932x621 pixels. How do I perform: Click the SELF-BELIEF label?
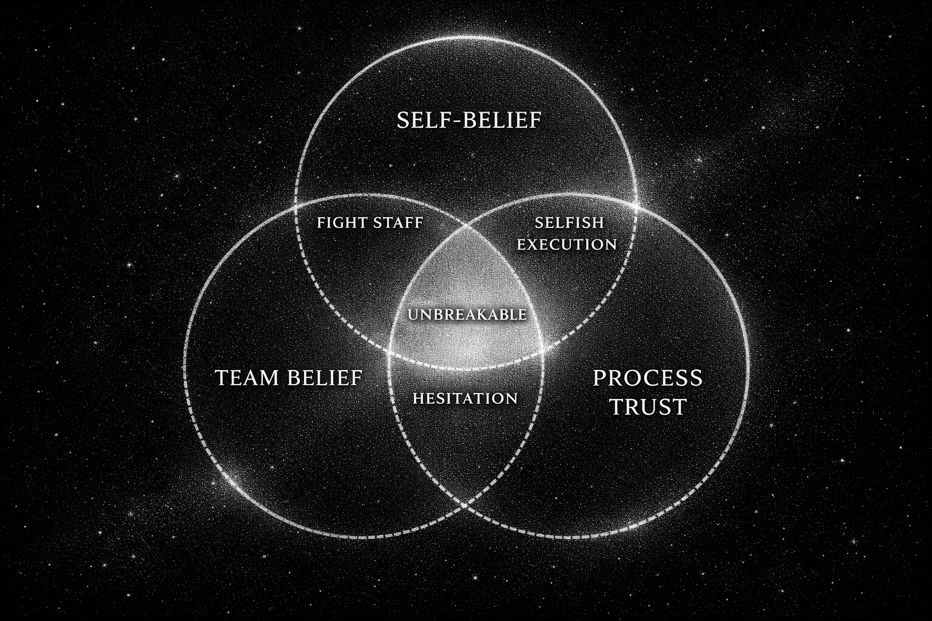click(x=468, y=120)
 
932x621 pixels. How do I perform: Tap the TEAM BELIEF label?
click(x=289, y=378)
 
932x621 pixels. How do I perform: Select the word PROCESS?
click(x=647, y=378)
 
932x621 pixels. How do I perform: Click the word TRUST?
click(x=647, y=407)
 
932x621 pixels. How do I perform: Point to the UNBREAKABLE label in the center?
click(x=467, y=315)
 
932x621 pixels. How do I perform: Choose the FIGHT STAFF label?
click(x=370, y=223)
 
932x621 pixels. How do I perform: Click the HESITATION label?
click(x=465, y=398)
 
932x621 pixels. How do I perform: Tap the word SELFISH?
click(x=569, y=223)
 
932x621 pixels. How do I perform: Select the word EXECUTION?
click(x=567, y=244)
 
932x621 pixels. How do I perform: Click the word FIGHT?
click(x=342, y=223)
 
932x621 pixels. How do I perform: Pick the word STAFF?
click(x=398, y=223)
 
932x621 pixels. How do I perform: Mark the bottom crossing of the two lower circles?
click(x=466, y=505)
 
